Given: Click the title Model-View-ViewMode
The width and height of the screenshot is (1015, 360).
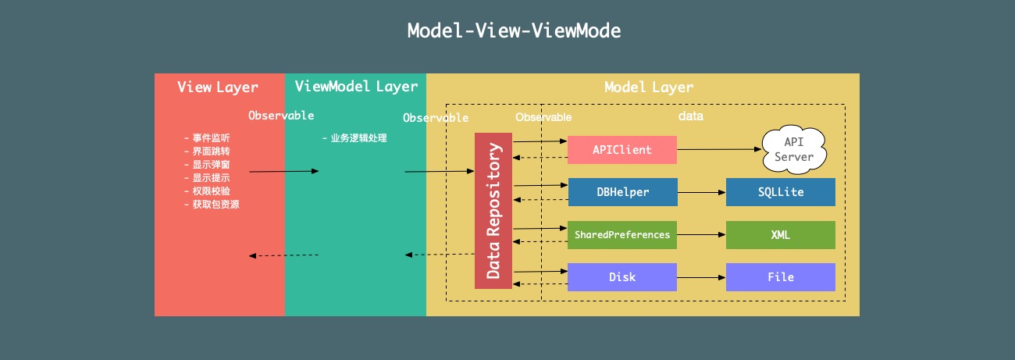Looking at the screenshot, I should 514,31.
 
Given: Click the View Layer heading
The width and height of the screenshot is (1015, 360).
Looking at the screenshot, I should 218,87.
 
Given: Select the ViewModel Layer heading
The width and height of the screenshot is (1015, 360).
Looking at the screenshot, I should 356,87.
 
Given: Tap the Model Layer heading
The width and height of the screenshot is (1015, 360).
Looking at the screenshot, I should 649,87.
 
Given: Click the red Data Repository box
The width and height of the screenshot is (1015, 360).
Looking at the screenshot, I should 493,210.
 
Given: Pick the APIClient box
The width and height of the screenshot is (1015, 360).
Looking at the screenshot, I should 621,149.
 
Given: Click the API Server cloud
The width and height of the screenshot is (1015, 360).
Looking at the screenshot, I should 793,149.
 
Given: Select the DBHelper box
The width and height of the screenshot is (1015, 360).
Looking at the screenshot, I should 621,192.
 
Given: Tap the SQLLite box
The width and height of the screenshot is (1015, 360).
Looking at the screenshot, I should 780,192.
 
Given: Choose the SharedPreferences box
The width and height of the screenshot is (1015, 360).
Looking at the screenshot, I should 621,235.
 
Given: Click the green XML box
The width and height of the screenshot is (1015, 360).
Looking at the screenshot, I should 780,235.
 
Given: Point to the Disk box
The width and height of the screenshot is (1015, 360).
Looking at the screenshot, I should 621,277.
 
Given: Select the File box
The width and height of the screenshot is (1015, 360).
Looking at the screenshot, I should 780,277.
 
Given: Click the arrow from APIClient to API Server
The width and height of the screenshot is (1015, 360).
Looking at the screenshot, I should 718,149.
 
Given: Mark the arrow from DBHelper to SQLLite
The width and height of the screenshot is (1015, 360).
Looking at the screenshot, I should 700,192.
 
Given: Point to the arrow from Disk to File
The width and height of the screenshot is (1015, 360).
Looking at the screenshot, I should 700,277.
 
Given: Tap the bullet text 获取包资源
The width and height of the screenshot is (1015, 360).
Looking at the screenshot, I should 212,205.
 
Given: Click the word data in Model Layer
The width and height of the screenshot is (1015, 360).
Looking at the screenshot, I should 690,116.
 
